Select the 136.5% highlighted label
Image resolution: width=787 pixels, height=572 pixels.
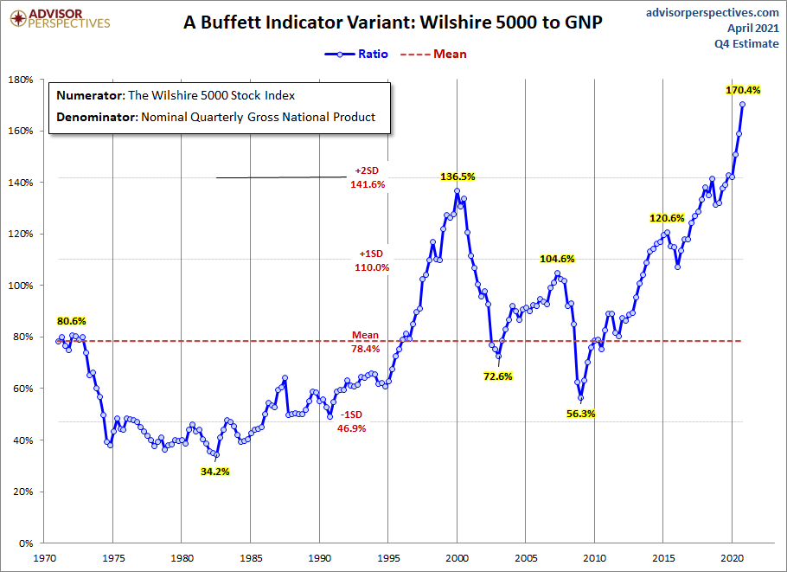[x=458, y=177]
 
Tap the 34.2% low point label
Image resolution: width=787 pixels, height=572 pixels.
[x=214, y=472]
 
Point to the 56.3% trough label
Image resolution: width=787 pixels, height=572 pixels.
[x=581, y=413]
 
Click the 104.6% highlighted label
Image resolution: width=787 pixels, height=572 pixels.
[x=557, y=259]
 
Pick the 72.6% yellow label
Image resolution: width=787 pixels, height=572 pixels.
[x=499, y=376]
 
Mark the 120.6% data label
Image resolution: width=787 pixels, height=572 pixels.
[x=668, y=218]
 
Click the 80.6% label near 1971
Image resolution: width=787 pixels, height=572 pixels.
[x=72, y=322]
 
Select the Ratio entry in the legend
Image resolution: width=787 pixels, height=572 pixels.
[x=356, y=54]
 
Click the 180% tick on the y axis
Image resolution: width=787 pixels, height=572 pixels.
[x=20, y=80]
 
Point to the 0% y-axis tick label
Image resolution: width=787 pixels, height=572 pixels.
[x=26, y=543]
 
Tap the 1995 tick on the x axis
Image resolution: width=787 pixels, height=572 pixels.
[x=388, y=559]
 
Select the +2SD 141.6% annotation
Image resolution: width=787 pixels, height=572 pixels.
[x=368, y=177]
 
